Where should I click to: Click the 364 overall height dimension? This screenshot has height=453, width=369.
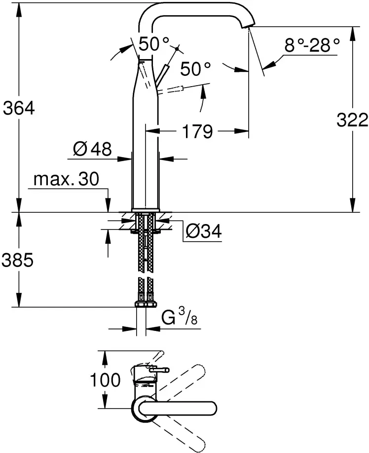tap(19, 108)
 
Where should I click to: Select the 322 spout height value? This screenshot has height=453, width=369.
tap(352, 120)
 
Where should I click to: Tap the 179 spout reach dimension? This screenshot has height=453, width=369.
tap(197, 131)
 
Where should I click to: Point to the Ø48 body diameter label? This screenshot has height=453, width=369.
tap(92, 149)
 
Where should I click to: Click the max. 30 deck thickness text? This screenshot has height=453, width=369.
tap(66, 179)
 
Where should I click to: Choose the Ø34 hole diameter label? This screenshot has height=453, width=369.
tap(203, 231)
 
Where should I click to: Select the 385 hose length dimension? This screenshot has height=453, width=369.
tap(18, 259)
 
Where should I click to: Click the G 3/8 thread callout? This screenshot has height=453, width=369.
tap(180, 317)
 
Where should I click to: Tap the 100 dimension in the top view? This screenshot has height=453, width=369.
tap(105, 380)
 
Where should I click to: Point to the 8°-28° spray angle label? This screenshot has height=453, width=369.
tap(312, 45)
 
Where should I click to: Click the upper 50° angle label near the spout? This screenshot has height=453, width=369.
tap(154, 44)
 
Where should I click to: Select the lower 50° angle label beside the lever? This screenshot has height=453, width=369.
tap(196, 69)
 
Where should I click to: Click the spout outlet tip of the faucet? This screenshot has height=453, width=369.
tap(248, 26)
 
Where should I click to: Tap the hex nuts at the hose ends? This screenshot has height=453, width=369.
tap(146, 304)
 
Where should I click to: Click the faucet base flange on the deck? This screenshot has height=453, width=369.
tap(146, 210)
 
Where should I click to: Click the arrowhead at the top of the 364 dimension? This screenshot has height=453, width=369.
tap(19, 9)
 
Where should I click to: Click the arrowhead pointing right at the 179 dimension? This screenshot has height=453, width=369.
tap(242, 131)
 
